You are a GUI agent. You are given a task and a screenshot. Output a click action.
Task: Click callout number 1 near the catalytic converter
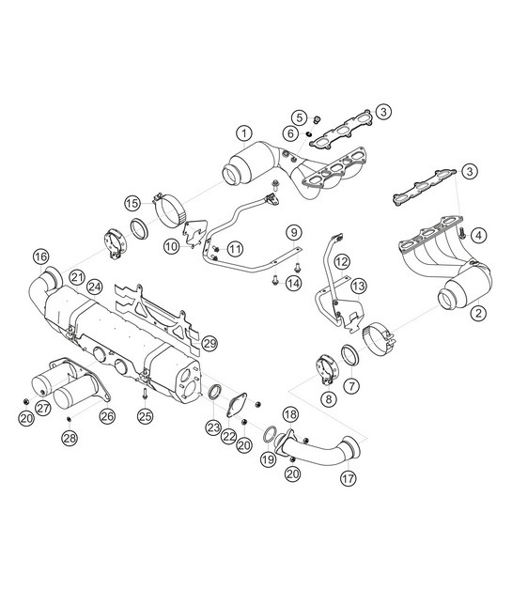(243, 132)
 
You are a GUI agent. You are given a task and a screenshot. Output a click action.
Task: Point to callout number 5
(298, 117)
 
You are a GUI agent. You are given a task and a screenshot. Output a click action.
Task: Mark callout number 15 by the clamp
(132, 202)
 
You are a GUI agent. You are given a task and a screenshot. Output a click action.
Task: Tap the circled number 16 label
(39, 256)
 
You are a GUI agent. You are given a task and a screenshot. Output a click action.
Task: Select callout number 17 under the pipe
(349, 477)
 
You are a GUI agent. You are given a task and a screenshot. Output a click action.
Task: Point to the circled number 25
(144, 414)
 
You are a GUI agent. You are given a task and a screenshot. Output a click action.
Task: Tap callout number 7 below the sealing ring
(352, 385)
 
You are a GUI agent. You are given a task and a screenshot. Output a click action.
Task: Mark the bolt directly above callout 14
(272, 279)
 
